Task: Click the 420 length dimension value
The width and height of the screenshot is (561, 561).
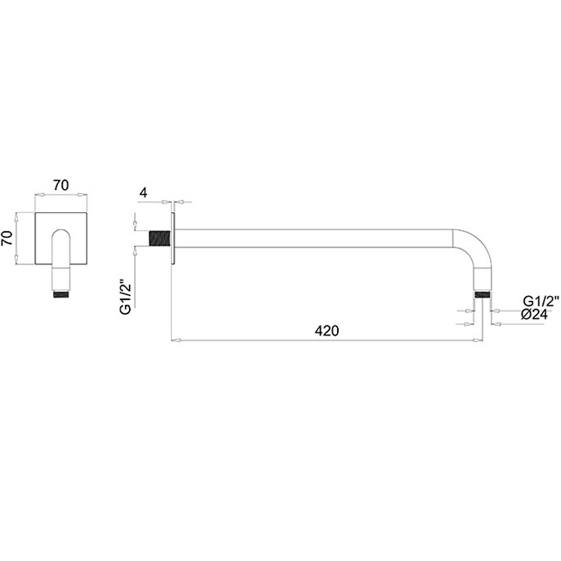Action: point(327,331)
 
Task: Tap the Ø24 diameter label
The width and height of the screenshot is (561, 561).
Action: point(534,315)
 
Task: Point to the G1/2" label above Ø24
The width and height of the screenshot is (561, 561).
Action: point(540,301)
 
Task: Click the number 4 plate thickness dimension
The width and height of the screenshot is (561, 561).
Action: point(144,193)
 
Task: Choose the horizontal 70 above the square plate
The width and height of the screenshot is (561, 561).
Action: point(61,186)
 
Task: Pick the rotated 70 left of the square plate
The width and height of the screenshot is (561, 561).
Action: point(7,239)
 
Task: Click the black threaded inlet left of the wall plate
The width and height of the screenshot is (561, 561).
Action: point(160,239)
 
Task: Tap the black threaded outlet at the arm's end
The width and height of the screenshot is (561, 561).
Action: point(482,295)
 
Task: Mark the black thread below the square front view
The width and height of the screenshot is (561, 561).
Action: point(62,294)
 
